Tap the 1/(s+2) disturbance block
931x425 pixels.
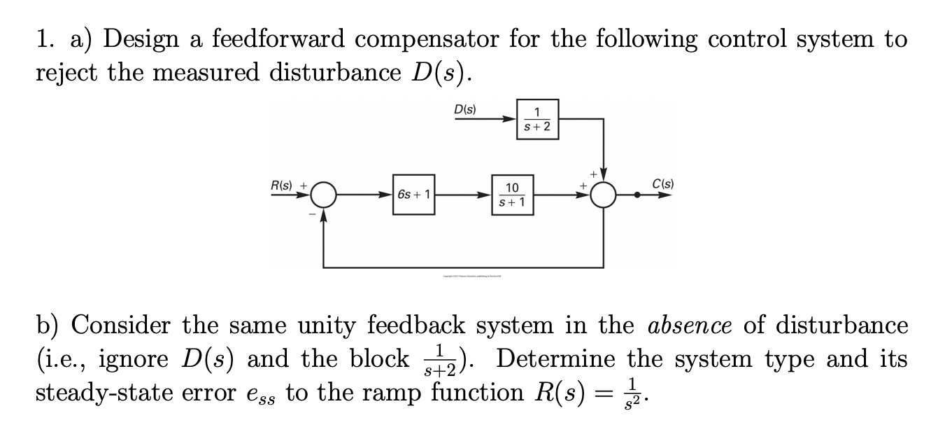tap(537, 119)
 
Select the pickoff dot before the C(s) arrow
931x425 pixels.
tap(637, 196)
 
